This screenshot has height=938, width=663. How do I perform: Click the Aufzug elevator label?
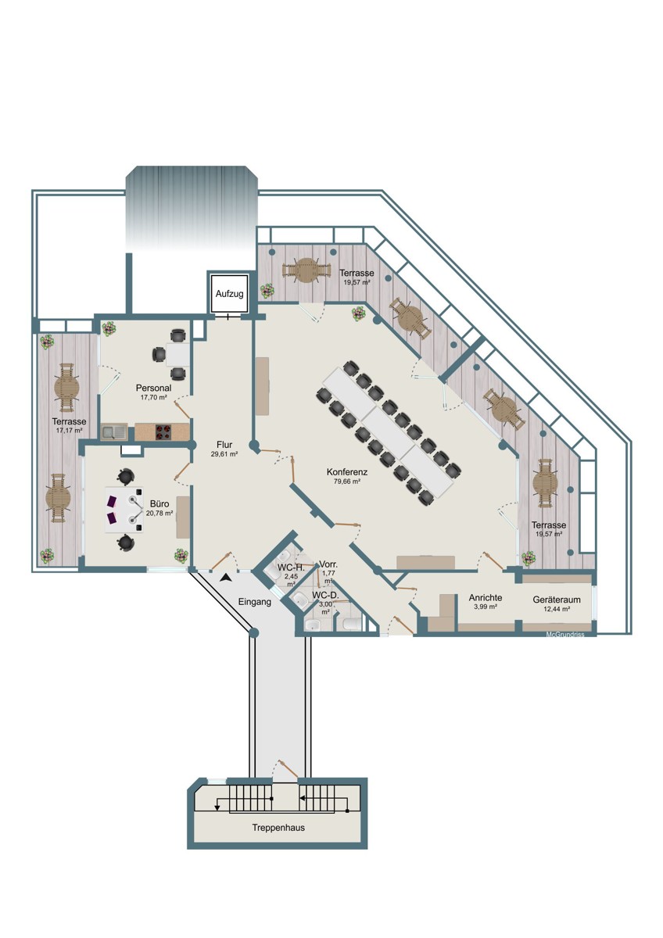[x=229, y=294]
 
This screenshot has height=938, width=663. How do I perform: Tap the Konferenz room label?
[x=347, y=472]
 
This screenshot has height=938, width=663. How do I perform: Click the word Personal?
[x=153, y=388]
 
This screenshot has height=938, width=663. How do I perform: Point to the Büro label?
[x=159, y=504]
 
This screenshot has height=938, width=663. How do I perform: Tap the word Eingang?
[x=255, y=602]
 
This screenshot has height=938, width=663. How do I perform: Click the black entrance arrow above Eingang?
[x=227, y=578]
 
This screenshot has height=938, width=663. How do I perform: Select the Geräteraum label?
[x=557, y=600]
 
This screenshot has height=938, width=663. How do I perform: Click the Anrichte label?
[x=486, y=598]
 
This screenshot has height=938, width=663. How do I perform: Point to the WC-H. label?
[x=291, y=568]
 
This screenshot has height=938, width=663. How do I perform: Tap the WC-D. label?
[x=325, y=595]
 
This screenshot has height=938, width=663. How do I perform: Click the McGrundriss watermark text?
[x=565, y=635]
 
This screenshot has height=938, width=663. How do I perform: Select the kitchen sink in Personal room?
[x=114, y=432]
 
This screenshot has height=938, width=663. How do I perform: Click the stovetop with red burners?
[x=163, y=432]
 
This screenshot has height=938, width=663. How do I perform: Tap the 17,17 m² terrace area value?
[x=69, y=430]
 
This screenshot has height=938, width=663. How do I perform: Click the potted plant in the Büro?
[x=181, y=555]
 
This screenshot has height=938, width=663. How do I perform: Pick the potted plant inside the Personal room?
[x=109, y=328]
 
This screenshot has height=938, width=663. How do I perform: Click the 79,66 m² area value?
[x=347, y=482]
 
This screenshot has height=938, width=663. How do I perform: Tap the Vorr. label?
[x=328, y=564]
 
